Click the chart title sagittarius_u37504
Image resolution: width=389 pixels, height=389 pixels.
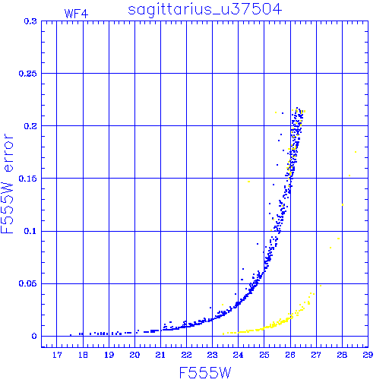(x=204, y=9)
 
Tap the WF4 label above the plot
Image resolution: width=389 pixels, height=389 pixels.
(x=76, y=14)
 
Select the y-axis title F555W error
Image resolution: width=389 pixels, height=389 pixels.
(x=7, y=184)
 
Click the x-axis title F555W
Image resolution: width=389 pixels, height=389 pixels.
(x=205, y=373)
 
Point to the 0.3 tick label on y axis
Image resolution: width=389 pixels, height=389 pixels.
(x=30, y=21)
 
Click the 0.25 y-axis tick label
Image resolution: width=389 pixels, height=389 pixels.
(x=27, y=74)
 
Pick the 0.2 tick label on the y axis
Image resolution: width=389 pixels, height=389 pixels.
(x=30, y=126)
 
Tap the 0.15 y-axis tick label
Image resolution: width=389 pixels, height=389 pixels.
(x=27, y=179)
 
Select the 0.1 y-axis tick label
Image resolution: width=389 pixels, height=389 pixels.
(x=30, y=231)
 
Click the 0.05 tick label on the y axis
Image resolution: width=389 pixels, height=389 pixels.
(x=27, y=283)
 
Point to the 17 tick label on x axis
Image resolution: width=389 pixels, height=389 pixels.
(x=57, y=355)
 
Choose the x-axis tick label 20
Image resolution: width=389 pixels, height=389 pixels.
(x=134, y=355)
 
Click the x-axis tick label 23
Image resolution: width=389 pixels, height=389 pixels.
(x=212, y=355)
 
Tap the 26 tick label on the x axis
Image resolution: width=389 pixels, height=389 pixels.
(x=290, y=355)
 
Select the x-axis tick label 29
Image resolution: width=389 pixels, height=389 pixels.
(x=368, y=355)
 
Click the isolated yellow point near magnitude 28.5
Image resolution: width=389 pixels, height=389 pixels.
(x=356, y=152)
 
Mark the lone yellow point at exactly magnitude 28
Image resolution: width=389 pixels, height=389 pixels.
(x=343, y=204)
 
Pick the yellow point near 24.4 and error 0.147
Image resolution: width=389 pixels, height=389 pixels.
(x=248, y=182)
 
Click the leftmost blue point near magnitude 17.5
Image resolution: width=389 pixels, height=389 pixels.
(x=71, y=335)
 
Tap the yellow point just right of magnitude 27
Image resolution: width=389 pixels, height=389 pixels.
(x=321, y=286)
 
